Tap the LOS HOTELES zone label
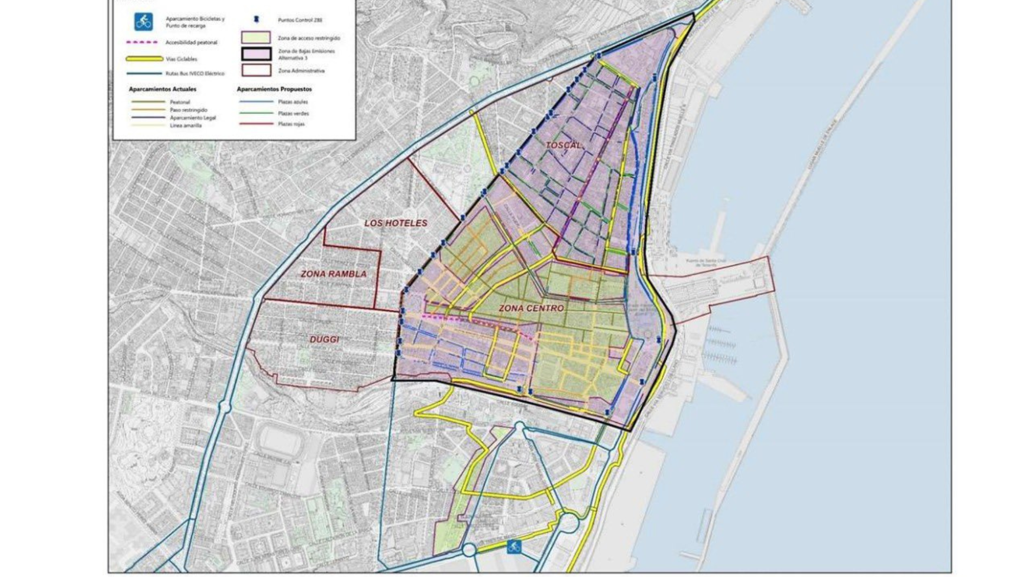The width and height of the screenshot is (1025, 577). pos(396,223)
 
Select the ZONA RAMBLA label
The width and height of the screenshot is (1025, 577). pos(334,274)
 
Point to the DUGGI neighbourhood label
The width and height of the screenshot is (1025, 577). pos(324,339)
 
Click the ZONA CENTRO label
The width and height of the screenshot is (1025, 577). pos(531,308)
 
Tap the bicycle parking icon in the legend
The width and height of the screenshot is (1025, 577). pos(143,22)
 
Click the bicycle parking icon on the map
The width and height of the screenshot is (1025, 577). pos(514,546)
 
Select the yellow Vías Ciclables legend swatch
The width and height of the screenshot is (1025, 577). pos(145,59)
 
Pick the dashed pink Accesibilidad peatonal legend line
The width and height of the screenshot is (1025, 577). pos(142,43)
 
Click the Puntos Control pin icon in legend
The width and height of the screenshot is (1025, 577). pos(256,19)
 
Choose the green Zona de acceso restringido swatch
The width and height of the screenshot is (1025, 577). pos(256,37)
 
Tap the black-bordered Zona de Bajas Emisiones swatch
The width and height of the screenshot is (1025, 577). pos(256,54)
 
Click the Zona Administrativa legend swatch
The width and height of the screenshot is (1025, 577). pos(256,70)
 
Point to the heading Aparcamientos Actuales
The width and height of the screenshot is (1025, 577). pos(162,89)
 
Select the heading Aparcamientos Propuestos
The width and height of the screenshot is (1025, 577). pos(274,89)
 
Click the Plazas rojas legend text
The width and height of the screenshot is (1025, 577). pos(291,124)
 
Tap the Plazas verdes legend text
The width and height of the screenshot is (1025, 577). pos(293,113)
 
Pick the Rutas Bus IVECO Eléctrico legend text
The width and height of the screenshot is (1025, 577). pos(195,74)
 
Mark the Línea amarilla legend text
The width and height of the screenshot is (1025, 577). pos(186,126)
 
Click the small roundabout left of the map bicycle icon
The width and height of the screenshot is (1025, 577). pos(469,550)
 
